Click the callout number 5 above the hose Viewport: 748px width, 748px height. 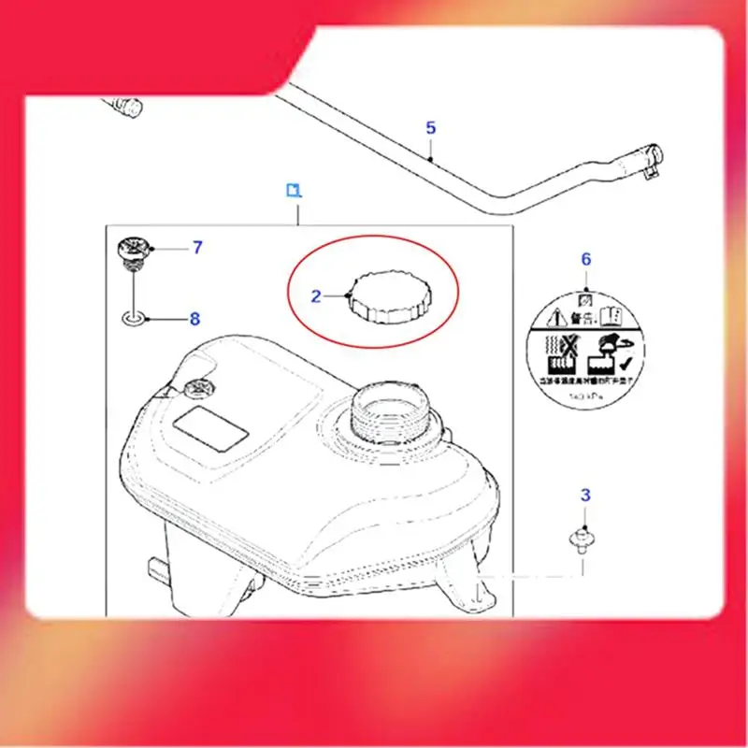(x=430, y=127)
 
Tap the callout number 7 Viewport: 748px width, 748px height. (x=197, y=248)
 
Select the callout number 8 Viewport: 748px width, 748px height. (x=194, y=319)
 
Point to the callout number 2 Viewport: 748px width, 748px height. (x=316, y=296)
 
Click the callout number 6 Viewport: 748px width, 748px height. (x=586, y=259)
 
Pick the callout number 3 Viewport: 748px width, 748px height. (x=585, y=495)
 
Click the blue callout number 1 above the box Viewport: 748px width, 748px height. (x=294, y=191)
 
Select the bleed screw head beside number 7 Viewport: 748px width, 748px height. (x=134, y=250)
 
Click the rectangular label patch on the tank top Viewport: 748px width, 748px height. (x=213, y=428)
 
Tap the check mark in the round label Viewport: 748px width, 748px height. (x=626, y=366)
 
